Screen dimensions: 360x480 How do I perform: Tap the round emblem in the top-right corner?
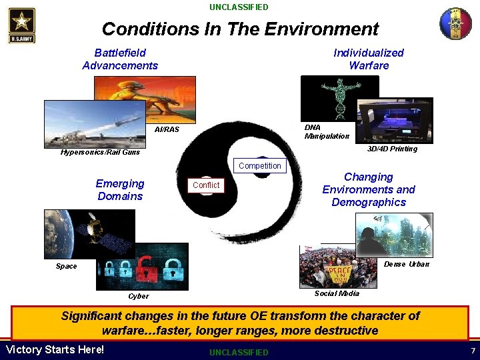pyautogui.click(x=455, y=24)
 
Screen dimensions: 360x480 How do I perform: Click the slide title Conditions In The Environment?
pyautogui.click(x=240, y=29)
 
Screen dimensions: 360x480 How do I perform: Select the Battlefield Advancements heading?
pyautogui.click(x=120, y=59)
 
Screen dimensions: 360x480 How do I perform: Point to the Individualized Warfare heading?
pyautogui.click(x=368, y=59)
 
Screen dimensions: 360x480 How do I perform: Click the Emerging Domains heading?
pyautogui.click(x=120, y=189)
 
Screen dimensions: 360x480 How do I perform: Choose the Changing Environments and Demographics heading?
pyautogui.click(x=368, y=189)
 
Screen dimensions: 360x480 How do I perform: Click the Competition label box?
pyautogui.click(x=259, y=166)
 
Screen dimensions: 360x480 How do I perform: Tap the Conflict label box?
pyautogui.click(x=206, y=185)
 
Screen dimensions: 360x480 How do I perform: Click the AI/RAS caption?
pyautogui.click(x=167, y=129)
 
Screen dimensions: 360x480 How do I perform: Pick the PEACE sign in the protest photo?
pyautogui.click(x=340, y=274)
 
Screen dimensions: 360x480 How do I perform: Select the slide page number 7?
pyautogui.click(x=472, y=351)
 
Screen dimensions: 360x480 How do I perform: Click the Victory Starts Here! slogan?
pyautogui.click(x=55, y=350)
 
